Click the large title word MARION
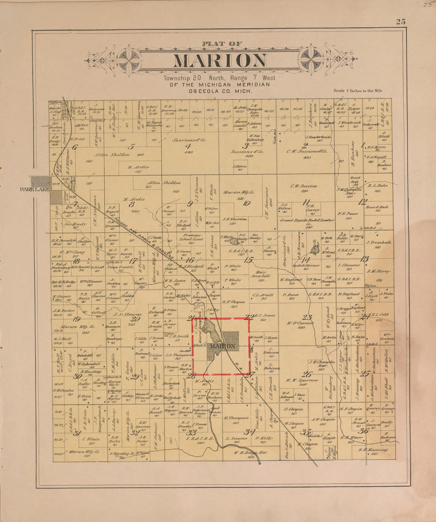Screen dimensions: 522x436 220,60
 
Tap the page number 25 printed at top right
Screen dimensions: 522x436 400,22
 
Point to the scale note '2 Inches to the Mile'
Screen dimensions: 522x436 358,91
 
